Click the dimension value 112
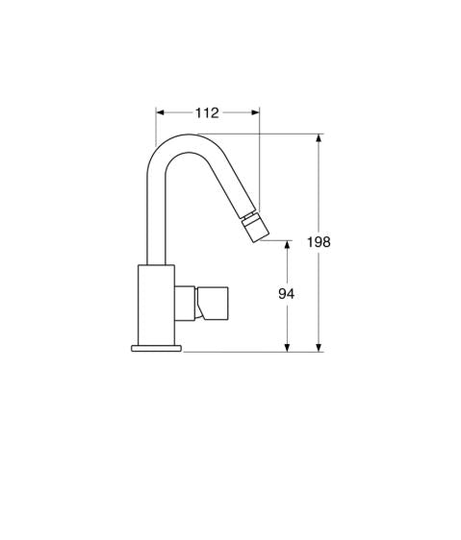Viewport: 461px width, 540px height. pos(207,112)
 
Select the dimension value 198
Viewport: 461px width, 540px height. pos(319,242)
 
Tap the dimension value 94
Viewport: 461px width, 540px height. pos(286,294)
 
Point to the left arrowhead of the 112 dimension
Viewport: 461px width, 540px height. pos(160,112)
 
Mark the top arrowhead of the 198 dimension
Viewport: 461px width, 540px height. pos(319,138)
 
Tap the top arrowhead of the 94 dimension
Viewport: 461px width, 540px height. pos(286,245)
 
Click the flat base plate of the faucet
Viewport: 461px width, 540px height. pos(156,347)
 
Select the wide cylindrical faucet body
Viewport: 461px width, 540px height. pos(156,303)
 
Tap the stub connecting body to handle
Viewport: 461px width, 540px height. pos(186,302)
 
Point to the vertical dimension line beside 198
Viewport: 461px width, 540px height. pos(319,192)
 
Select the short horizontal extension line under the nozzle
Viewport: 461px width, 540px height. pos(276,240)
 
